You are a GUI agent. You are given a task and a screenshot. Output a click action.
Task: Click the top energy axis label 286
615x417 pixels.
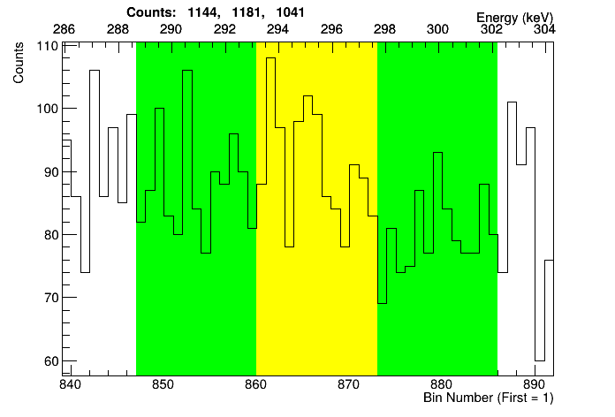point(64,29)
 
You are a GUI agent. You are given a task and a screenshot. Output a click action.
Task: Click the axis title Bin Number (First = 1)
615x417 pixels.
point(488,398)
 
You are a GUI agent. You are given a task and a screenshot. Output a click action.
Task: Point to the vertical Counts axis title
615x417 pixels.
point(19,65)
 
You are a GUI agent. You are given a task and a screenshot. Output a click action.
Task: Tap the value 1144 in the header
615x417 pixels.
point(204,13)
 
